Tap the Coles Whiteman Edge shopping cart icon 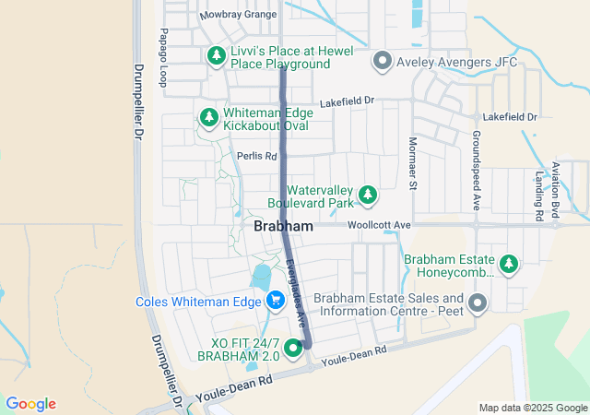[275, 301]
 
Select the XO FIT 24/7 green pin [293, 348]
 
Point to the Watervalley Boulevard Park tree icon [368, 194]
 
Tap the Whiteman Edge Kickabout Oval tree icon [209, 117]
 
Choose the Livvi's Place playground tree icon [217, 55]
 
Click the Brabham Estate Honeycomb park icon [509, 265]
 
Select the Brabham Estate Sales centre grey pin [478, 303]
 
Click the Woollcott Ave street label [379, 225]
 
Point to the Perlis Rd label [256, 157]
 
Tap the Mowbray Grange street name [238, 16]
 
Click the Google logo [31, 404]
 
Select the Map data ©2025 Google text [532, 408]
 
